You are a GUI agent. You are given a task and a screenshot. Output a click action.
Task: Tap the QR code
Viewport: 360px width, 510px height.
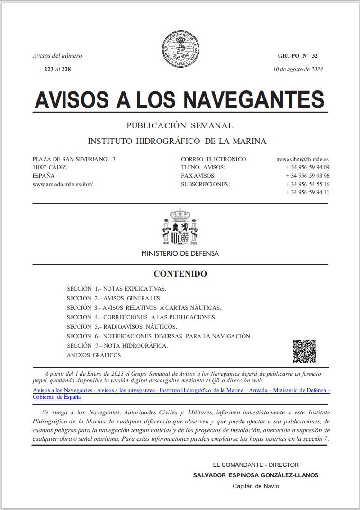(304, 351)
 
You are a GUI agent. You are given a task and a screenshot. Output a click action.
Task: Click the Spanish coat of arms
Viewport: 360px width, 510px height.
(180, 227)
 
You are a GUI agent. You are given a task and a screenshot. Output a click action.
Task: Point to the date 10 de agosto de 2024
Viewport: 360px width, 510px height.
(298, 69)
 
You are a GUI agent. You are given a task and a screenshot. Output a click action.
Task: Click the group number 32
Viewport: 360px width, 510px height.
(315, 56)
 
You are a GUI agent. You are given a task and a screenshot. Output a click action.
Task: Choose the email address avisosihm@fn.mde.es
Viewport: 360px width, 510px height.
(303, 159)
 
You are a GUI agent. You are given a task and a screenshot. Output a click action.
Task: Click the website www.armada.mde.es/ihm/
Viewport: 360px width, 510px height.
(63, 184)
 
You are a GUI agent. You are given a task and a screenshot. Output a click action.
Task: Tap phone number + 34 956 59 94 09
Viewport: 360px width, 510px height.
(307, 167)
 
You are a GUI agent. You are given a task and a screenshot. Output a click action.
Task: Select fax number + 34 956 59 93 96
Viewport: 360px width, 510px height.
(307, 176)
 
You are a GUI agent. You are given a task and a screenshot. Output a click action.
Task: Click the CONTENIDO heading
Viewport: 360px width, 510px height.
(180, 274)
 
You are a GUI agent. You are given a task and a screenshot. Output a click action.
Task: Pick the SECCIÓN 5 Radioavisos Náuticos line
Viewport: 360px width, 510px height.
(122, 327)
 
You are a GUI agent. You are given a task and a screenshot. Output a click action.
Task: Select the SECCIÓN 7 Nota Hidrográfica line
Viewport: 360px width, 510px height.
(117, 346)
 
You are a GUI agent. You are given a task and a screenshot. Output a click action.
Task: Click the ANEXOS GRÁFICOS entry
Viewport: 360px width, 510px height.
(94, 355)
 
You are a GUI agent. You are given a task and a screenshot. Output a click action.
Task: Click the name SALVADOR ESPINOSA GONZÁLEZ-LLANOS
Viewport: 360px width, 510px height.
(256, 475)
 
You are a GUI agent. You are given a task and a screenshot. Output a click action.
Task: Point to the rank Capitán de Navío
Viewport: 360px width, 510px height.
(256, 486)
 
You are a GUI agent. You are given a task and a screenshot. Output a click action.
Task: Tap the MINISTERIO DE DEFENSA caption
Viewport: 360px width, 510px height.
(180, 253)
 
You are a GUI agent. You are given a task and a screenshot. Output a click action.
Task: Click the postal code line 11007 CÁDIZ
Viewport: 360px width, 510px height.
(49, 167)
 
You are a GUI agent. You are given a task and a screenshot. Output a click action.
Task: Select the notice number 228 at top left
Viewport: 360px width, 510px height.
(66, 69)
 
